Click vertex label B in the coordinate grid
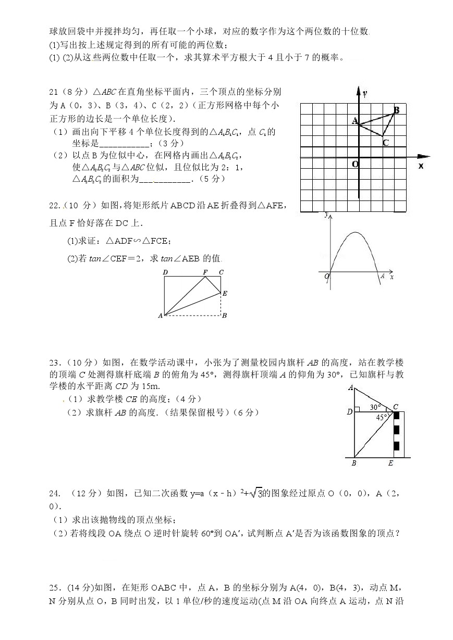point(396,110)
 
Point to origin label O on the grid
point(354,164)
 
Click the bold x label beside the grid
point(421,166)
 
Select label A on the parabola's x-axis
point(382,277)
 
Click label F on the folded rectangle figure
point(205,272)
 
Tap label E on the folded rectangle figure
point(224,294)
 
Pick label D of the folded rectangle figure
point(165,272)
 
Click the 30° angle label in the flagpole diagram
point(375,407)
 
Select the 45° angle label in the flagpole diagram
point(382,417)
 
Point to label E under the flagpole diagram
point(390,463)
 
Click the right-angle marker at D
point(357,409)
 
